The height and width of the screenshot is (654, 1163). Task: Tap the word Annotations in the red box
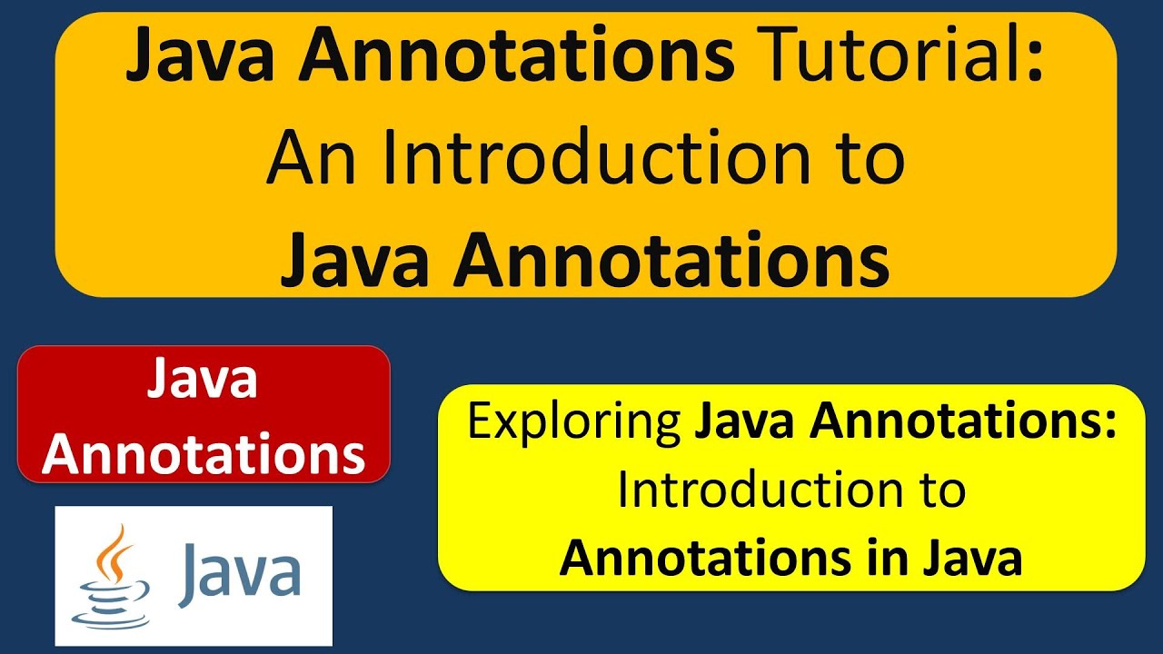click(x=204, y=454)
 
